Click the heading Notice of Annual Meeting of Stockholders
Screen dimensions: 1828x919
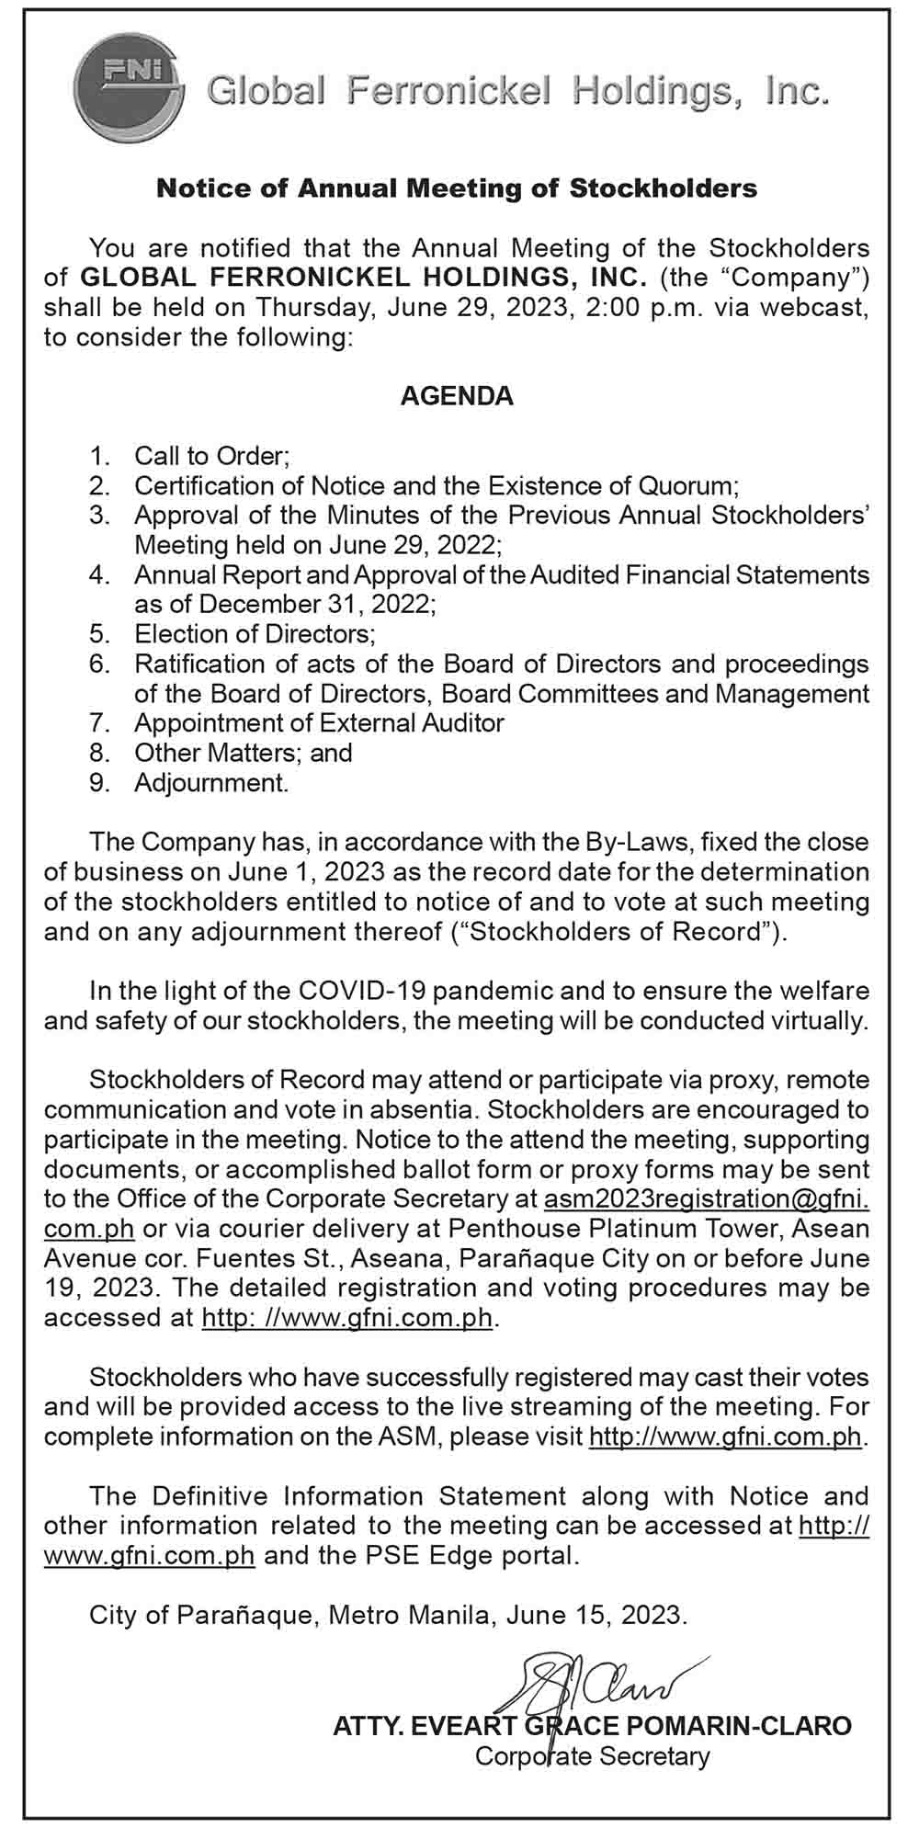pos(457,188)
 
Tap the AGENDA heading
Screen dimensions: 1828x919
pos(457,396)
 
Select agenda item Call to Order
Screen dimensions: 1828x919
pos(212,455)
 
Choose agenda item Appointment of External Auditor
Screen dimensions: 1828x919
pos(319,722)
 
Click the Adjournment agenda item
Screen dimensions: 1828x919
pos(211,783)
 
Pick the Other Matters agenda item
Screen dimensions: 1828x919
pos(244,753)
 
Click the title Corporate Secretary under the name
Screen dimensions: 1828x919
pos(592,1756)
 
